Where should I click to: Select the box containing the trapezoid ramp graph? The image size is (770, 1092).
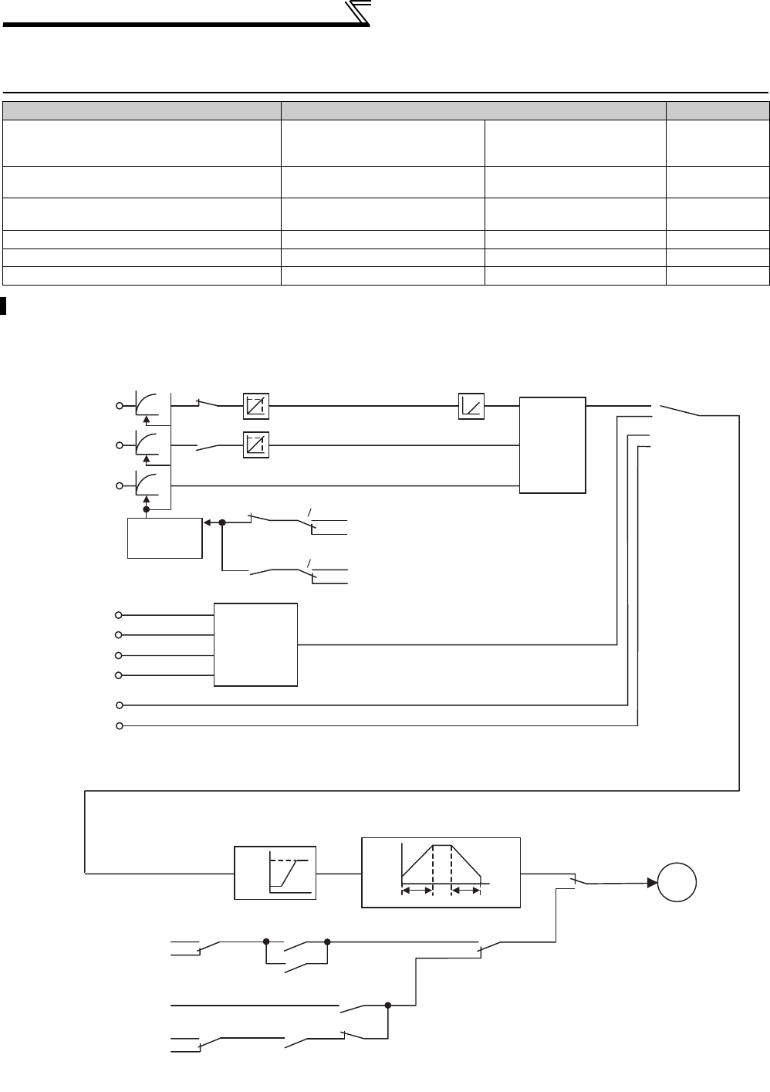tap(441, 872)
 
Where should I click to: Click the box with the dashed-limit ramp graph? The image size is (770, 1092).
tap(275, 873)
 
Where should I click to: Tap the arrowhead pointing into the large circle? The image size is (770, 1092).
tap(649, 884)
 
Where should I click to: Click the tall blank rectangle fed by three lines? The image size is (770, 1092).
tap(552, 445)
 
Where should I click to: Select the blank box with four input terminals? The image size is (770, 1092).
tap(255, 644)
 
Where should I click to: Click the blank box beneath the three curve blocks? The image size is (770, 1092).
tap(164, 539)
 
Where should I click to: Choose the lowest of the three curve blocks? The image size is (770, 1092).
tap(147, 485)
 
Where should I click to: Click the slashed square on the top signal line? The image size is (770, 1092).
tap(255, 405)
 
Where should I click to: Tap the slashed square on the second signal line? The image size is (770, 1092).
tap(255, 445)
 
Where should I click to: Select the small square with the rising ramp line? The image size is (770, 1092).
tap(471, 405)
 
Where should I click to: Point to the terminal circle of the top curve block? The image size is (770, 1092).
tap(120, 405)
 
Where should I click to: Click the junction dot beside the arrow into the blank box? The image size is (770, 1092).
tap(222, 522)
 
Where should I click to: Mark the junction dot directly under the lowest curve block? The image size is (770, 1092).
tap(147, 510)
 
